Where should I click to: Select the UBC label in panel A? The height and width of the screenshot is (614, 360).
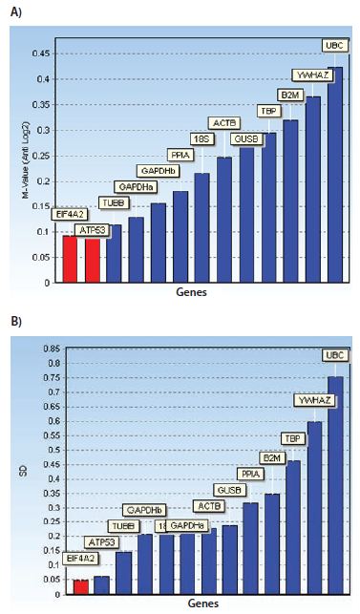click(334, 45)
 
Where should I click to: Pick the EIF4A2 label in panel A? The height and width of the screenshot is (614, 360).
click(70, 215)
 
